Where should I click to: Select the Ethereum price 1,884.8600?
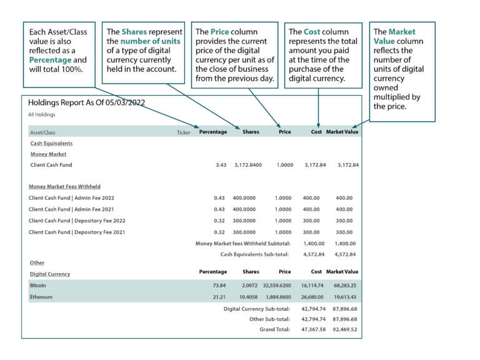276,297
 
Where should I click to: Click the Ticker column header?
183,132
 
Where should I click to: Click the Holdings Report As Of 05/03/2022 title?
87,102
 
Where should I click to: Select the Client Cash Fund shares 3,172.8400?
247,165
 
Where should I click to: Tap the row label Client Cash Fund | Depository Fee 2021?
77,232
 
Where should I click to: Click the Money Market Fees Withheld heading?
64,186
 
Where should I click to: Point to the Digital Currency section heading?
50,274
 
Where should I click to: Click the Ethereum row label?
41,297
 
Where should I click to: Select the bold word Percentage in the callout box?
51,59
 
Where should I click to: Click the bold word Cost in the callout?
312,31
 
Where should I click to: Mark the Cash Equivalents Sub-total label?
254,254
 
